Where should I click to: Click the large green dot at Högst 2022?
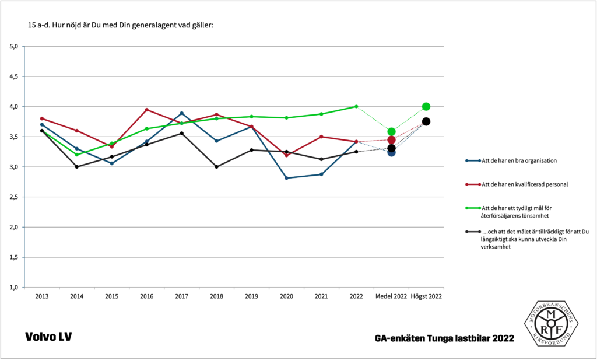tap(426, 107)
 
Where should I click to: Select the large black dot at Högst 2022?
tap(426, 121)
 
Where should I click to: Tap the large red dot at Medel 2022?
tap(391, 140)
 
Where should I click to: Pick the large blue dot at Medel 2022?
tap(391, 152)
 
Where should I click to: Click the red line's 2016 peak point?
tap(146, 110)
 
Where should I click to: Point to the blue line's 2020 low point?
tap(286, 178)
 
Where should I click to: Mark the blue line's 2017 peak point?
tap(181, 113)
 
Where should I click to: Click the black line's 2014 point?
tap(76, 167)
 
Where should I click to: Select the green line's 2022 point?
tap(356, 106)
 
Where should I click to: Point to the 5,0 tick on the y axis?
tap(14, 46)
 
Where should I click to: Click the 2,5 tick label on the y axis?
tap(14, 197)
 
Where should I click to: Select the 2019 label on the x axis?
tap(251, 296)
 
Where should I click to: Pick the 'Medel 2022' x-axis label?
tap(391, 296)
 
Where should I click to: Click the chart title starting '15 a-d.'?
tap(121, 26)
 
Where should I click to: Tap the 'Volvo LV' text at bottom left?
tap(48, 337)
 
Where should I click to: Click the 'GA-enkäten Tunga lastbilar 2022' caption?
tap(445, 338)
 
